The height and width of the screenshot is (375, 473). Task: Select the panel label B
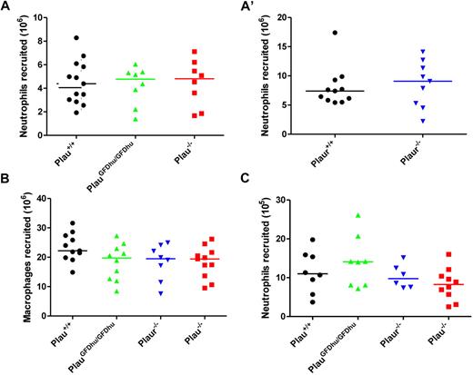click(5, 192)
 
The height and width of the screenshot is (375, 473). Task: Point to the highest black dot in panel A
click(76, 38)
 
